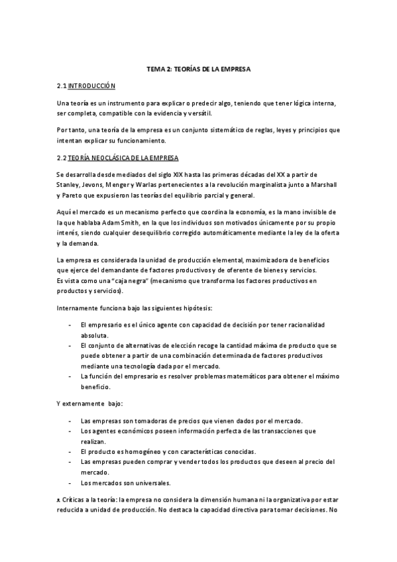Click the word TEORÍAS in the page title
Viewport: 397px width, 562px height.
point(189,69)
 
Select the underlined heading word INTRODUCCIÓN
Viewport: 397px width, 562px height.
point(93,86)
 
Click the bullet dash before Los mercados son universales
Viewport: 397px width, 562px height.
point(70,482)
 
